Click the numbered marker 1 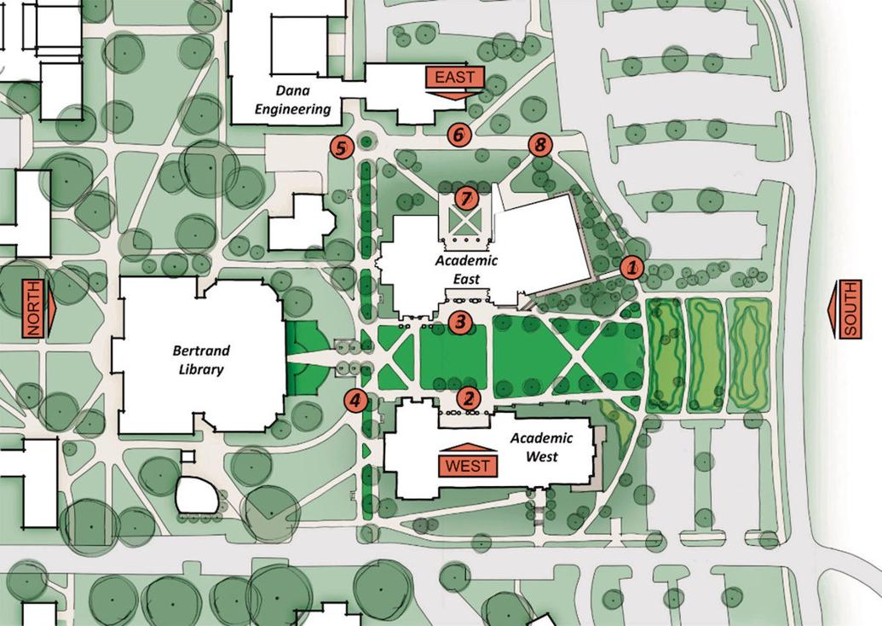pos(631,267)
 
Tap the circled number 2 pos(468,397)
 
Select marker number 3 pos(460,322)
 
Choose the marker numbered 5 pos(341,147)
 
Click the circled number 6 pos(458,134)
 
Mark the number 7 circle pos(465,198)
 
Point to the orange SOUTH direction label pos(850,308)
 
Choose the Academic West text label pos(533,447)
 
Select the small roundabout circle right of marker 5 pos(367,141)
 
